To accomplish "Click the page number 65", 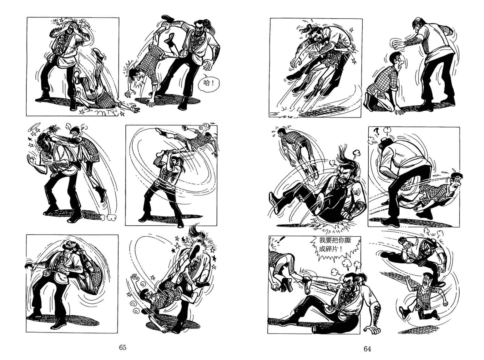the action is (123, 347).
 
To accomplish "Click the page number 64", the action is (367, 349).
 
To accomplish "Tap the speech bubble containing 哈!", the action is (209, 83).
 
